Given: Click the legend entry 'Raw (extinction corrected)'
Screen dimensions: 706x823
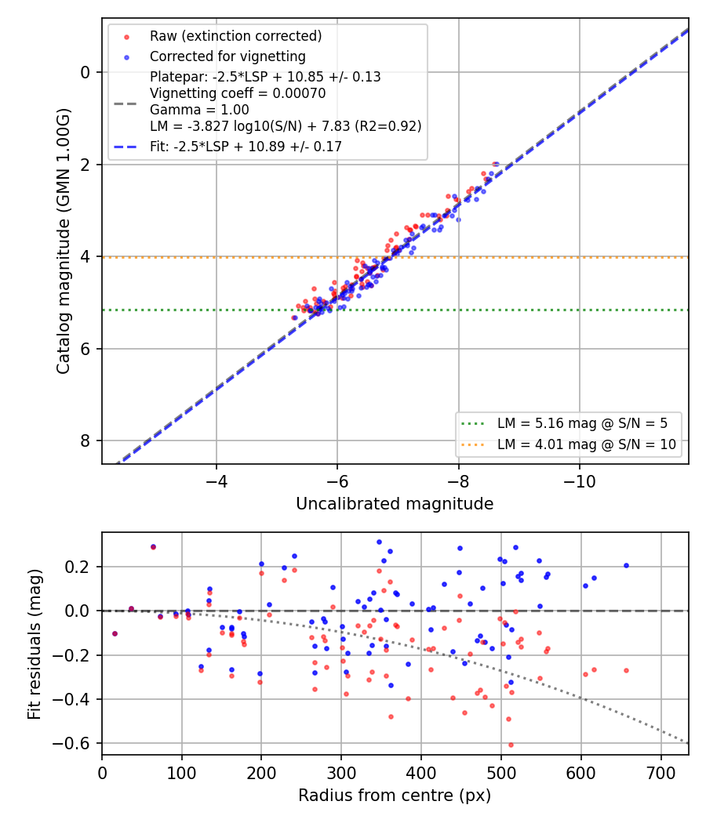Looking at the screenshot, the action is pyautogui.click(x=235, y=36).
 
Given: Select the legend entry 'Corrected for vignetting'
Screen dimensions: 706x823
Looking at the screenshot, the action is pyautogui.click(x=227, y=56).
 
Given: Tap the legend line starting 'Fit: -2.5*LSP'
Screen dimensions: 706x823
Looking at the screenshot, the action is pyautogui.click(x=246, y=147).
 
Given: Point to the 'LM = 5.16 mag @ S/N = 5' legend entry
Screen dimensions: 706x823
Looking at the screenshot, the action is pyautogui.click(x=582, y=423).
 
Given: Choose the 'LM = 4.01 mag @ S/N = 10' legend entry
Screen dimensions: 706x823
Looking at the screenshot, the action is pyautogui.click(x=586, y=444).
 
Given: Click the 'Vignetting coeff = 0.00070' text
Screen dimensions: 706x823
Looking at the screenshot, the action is pyautogui.click(x=238, y=93).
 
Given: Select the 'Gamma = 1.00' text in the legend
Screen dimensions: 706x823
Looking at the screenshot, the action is pyautogui.click(x=199, y=110).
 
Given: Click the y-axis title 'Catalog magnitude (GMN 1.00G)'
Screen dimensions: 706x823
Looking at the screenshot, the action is pyautogui.click(x=63, y=241).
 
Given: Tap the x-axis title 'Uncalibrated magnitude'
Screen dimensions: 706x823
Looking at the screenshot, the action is pyautogui.click(x=395, y=504).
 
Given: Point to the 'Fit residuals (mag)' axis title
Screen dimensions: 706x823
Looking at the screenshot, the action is pyautogui.click(x=35, y=644).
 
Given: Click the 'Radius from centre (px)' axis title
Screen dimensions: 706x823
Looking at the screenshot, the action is pyautogui.click(x=395, y=796).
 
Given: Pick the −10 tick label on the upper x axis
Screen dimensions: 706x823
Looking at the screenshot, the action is pyautogui.click(x=580, y=480).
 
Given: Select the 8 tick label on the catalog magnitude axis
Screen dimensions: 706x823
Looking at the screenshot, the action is pyautogui.click(x=86, y=441).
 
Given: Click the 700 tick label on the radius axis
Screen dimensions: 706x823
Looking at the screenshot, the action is pyautogui.click(x=661, y=773).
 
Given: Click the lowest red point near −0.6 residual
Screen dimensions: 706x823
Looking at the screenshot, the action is pyautogui.click(x=511, y=745).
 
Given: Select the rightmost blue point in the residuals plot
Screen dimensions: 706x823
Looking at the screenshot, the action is pyautogui.click(x=626, y=566).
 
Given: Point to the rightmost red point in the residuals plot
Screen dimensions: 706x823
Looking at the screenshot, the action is pyautogui.click(x=626, y=671).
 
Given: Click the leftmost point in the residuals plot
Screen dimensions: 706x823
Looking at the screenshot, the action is pyautogui.click(x=115, y=634).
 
